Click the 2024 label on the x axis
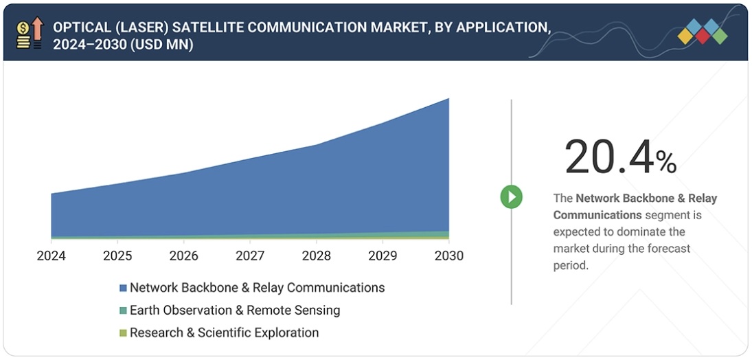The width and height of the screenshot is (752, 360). pos(52,256)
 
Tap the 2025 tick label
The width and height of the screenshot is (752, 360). pos(117,256)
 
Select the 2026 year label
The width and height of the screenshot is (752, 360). pos(184,256)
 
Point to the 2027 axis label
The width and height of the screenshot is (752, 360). pos(250,256)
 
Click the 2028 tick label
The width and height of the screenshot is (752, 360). pos(317,256)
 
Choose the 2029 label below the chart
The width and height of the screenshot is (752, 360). pos(383,256)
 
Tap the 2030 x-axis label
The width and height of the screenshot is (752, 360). pos(448,256)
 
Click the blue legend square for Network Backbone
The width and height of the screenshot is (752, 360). pos(123,288)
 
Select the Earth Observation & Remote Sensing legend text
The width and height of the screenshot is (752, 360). pos(235,311)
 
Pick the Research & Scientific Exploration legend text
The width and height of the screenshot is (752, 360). pos(224,333)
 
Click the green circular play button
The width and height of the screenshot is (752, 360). pos(511,197)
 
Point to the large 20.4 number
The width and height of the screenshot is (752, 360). pos(608,157)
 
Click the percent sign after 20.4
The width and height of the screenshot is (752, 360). pos(666,163)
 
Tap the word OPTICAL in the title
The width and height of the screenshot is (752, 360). pos(81,28)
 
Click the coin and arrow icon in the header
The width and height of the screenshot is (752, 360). pos(30,32)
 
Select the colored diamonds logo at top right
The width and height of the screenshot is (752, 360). pos(702,32)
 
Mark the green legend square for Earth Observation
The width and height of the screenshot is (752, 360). pos(123,311)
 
